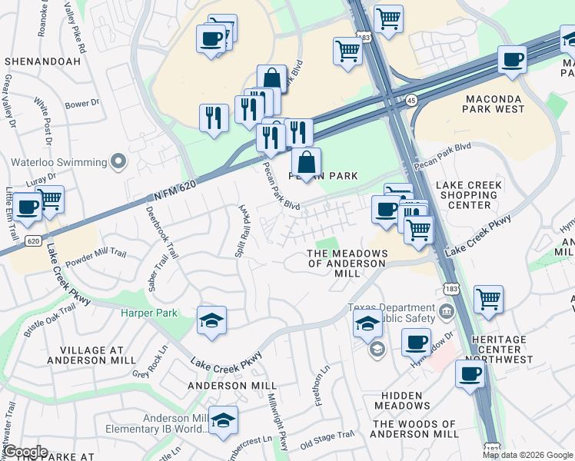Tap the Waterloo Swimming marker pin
pyautogui.click(x=118, y=161)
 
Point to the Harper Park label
pyautogui.click(x=148, y=313)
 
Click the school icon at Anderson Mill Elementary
pyautogui.click(x=222, y=420)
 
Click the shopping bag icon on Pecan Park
pyautogui.click(x=306, y=163)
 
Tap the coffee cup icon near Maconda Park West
pyautogui.click(x=512, y=60)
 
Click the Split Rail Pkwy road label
pyautogui.click(x=243, y=231)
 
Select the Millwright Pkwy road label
pyautogui.click(x=277, y=426)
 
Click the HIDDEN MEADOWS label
pyautogui.click(x=402, y=400)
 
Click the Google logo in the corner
pyautogui.click(x=25, y=451)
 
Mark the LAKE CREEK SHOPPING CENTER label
pyautogui.click(x=469, y=195)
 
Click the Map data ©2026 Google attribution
pyautogui.click(x=527, y=455)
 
